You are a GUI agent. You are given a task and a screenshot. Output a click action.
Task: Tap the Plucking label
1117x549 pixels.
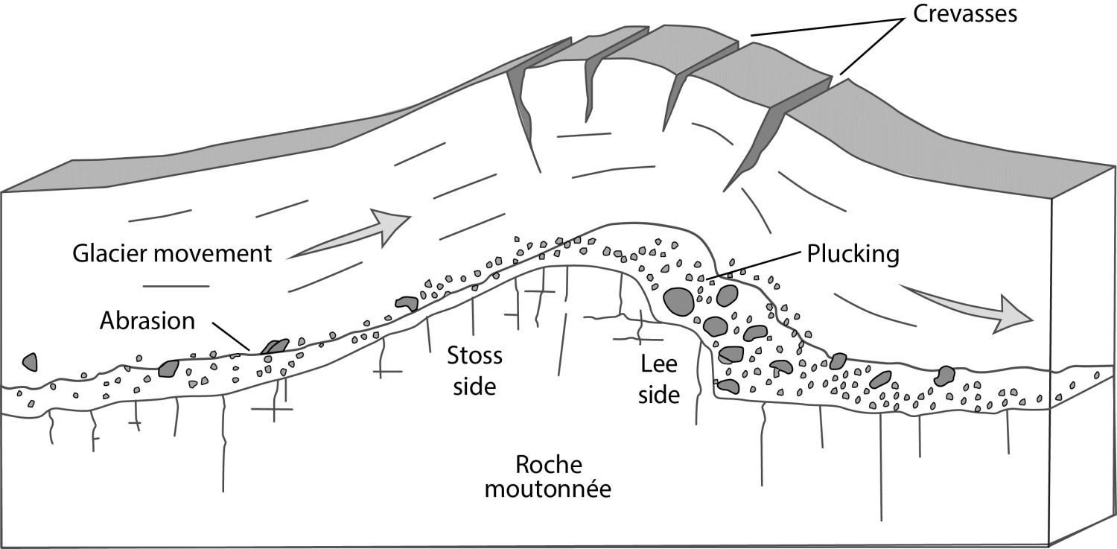pos(853,254)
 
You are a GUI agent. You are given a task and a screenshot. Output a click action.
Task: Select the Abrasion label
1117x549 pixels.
pos(147,320)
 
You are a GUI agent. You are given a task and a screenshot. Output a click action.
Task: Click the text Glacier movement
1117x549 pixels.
pos(172,253)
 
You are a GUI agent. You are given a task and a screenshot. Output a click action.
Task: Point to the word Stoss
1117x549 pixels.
pos(474,356)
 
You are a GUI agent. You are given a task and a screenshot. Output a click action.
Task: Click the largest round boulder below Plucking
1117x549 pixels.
pos(678,301)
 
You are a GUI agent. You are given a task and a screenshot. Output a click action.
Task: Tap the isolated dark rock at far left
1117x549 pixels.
pos(30,361)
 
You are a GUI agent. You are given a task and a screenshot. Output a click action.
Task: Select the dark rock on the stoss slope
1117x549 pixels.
pos(407,302)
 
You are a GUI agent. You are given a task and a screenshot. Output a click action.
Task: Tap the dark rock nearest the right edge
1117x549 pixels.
pos(946,375)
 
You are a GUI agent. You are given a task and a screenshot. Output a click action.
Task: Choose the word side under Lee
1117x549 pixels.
pos(659,395)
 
